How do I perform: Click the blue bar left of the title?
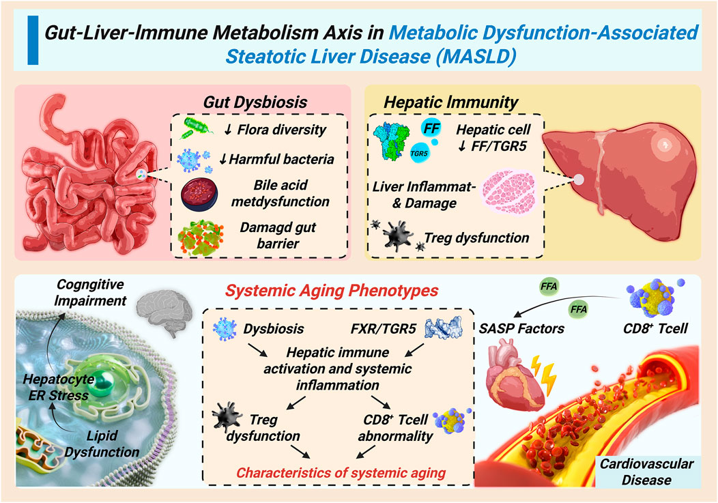(x=31, y=42)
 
